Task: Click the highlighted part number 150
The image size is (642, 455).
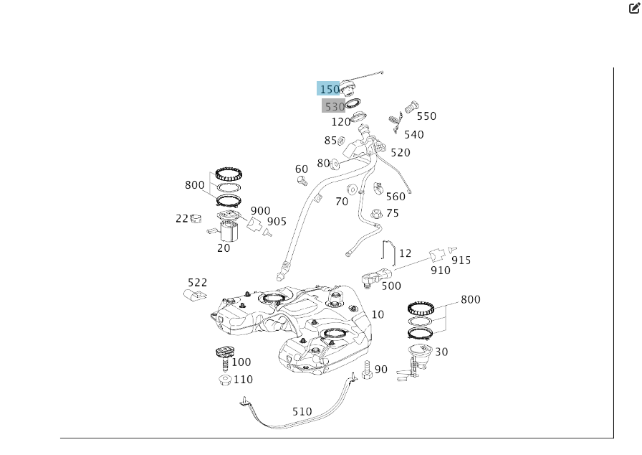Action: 329,89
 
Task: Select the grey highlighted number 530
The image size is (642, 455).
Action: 334,106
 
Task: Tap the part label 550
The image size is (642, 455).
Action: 426,116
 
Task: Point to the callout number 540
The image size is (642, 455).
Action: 413,134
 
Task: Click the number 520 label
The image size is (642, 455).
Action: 400,152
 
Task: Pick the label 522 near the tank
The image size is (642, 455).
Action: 197,283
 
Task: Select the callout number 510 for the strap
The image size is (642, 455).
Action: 302,412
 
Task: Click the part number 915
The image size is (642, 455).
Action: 461,260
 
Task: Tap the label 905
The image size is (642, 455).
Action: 277,221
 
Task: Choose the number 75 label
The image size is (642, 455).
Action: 393,213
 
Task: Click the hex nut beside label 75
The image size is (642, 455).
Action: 375,213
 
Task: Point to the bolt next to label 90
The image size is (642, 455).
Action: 366,370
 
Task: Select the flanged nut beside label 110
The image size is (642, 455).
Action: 224,380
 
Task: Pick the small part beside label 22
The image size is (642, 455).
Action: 195,218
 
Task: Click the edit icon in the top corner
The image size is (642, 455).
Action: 633,9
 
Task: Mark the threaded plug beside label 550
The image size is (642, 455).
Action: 411,106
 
